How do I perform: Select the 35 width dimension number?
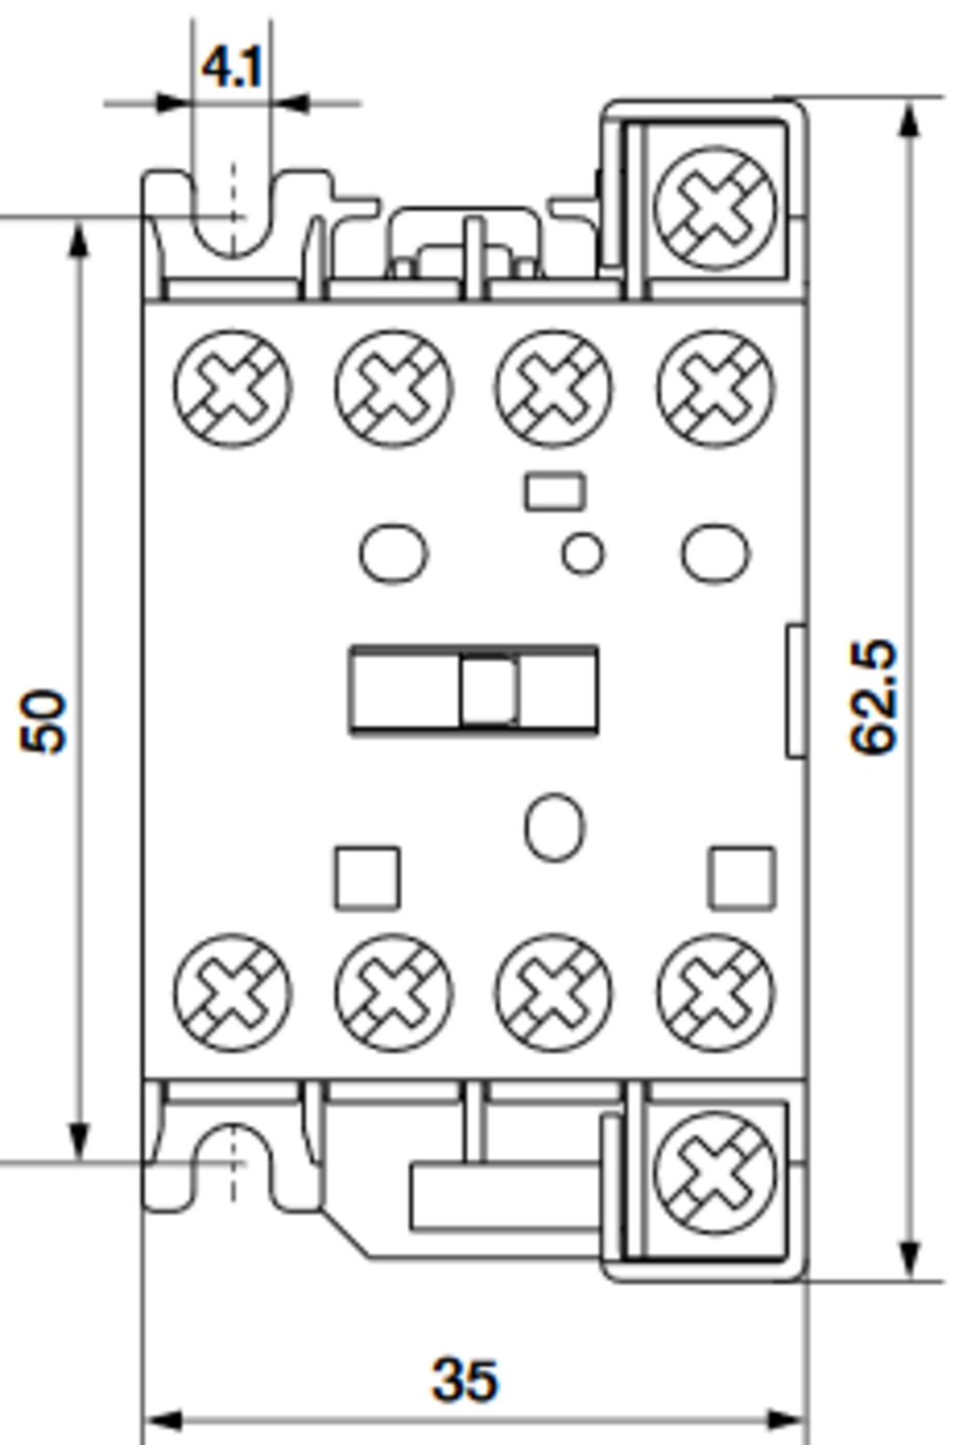pyautogui.click(x=466, y=1379)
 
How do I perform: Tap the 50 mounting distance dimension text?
pyautogui.click(x=44, y=720)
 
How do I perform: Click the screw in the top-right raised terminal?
pyautogui.click(x=714, y=207)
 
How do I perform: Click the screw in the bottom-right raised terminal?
pyautogui.click(x=714, y=1170)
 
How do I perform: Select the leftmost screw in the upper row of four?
pyautogui.click(x=232, y=388)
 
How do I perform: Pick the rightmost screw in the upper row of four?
pyautogui.click(x=715, y=388)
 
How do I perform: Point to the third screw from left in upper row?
pyautogui.click(x=553, y=388)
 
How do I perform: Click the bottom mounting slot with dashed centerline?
pyautogui.click(x=232, y=1161)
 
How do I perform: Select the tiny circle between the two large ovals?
pyautogui.click(x=582, y=554)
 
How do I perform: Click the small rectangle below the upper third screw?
pyautogui.click(x=554, y=491)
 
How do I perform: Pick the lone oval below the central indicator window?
pyautogui.click(x=554, y=827)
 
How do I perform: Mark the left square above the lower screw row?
pyautogui.click(x=367, y=878)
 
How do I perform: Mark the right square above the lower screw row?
pyautogui.click(x=741, y=878)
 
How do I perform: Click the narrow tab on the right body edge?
pyautogui.click(x=796, y=690)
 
